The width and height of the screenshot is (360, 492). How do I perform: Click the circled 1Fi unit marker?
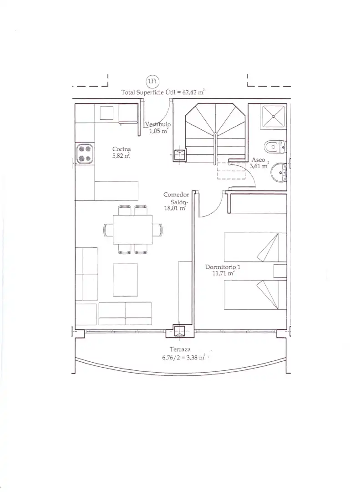coord(152,81)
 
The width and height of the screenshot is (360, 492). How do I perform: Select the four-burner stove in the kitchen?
coord(85,154)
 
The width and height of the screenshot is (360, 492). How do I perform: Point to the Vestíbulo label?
coord(158,124)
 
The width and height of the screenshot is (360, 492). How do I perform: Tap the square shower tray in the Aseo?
coord(274,117)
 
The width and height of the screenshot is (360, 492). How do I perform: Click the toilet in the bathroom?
coord(275,146)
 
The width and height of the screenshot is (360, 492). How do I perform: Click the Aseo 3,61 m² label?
coord(259,163)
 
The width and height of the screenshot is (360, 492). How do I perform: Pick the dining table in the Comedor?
coord(132,229)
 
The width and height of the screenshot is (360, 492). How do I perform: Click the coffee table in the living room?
coord(126,280)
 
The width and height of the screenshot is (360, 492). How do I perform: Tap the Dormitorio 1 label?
coord(223,267)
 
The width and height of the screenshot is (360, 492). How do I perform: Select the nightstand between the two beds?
coord(280,271)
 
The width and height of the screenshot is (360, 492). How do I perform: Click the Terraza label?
coord(180,349)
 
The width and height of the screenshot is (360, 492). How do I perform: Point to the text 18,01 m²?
coord(175,208)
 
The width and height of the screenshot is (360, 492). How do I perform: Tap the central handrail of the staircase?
coord(215,148)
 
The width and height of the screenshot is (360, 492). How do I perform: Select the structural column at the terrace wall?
coord(180,331)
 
